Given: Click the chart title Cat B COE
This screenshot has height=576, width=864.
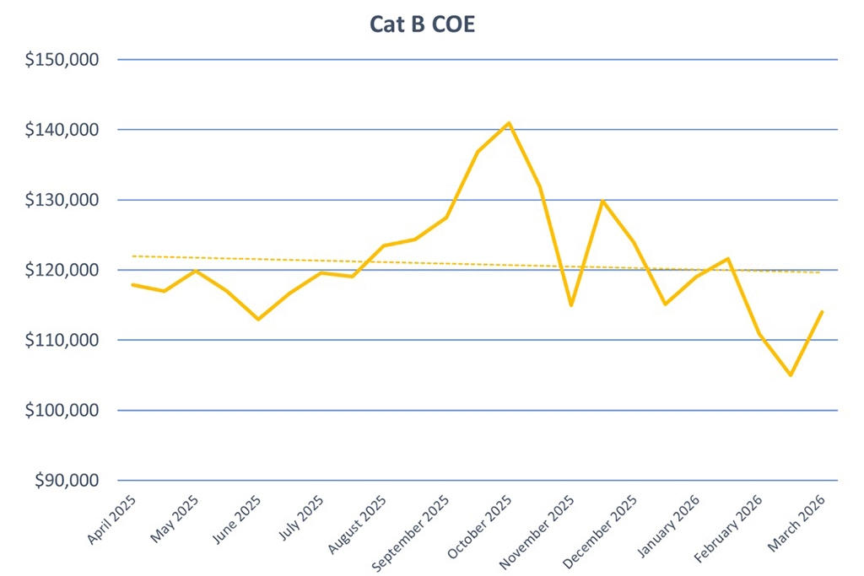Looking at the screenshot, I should (x=423, y=24).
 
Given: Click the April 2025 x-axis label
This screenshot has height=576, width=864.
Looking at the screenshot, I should (x=111, y=521).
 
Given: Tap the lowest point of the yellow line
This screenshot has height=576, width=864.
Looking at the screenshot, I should (x=791, y=375).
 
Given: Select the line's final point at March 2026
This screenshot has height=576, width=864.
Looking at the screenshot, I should (x=823, y=312).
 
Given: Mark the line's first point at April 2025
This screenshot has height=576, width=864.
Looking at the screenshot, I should (x=132, y=285).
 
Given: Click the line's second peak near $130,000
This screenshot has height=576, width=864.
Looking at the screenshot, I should (x=602, y=201).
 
